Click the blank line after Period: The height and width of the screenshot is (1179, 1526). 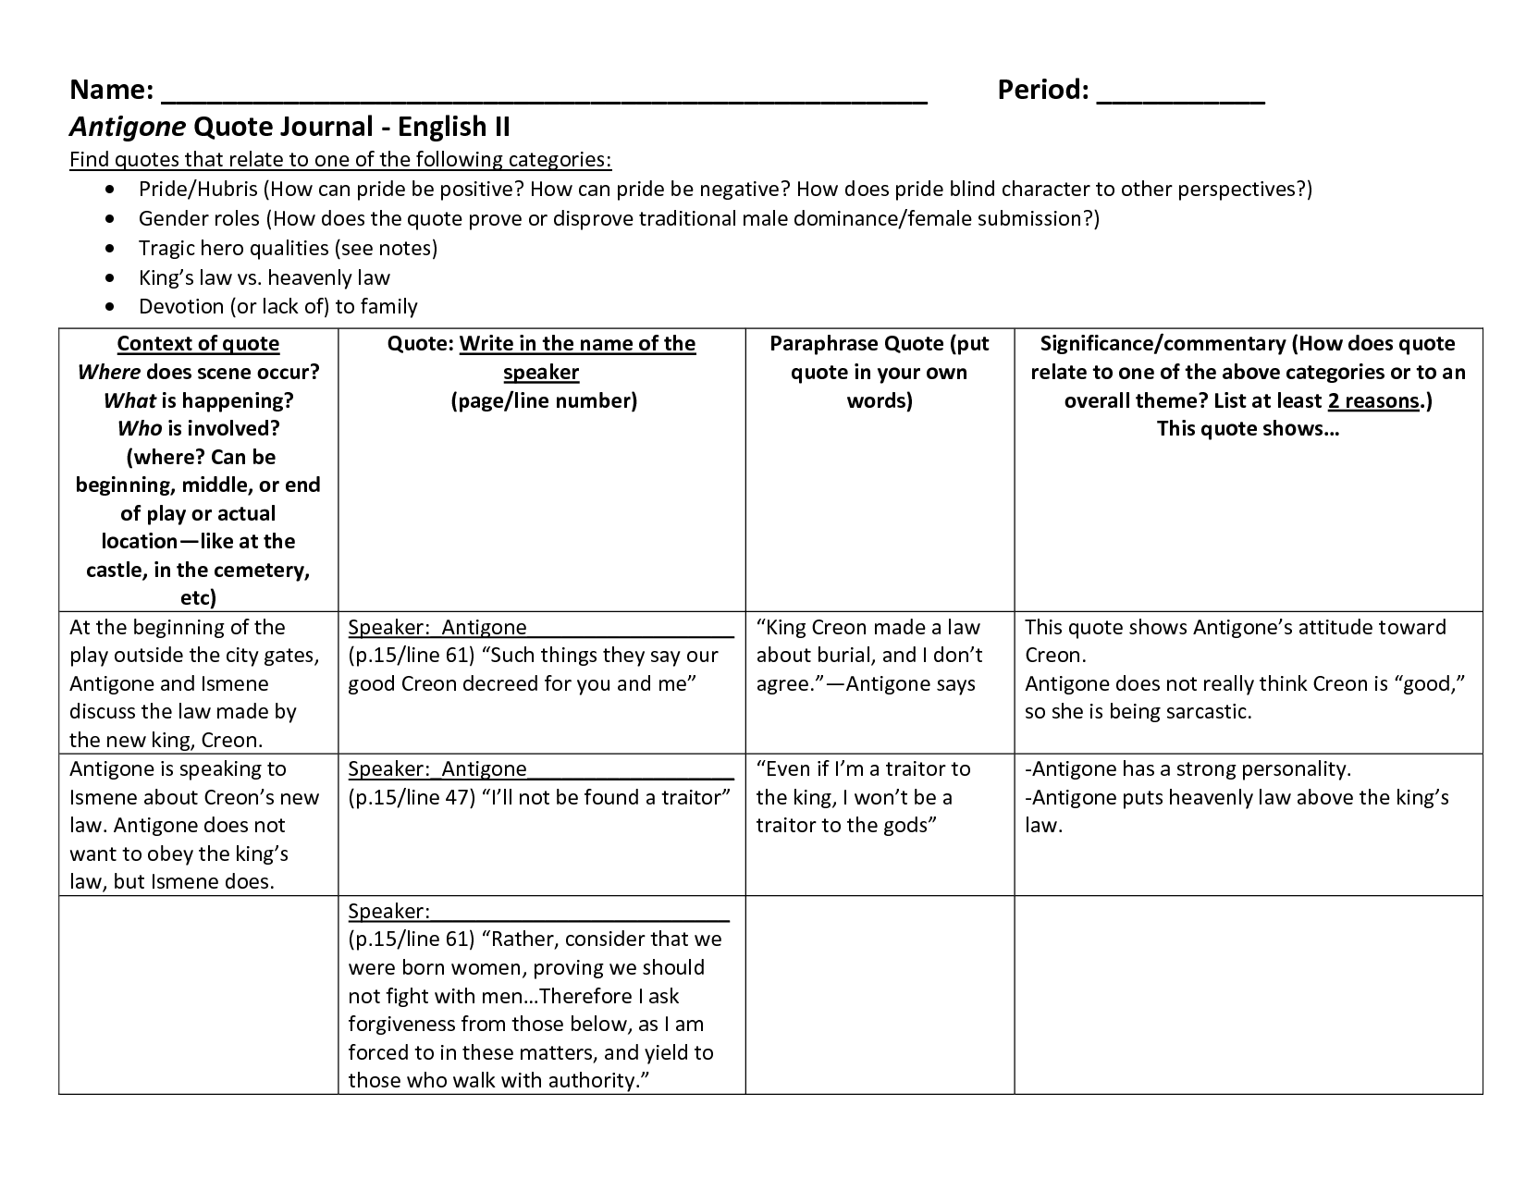pos(1180,96)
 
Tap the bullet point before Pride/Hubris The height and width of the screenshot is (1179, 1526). pos(112,190)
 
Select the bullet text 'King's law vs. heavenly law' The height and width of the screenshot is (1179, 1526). pos(265,277)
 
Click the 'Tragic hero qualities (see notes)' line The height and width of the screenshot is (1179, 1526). pos(288,248)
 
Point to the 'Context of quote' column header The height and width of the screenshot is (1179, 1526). pos(198,344)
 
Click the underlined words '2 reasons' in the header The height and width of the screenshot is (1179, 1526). pos(1372,400)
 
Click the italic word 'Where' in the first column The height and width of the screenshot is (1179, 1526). pos(109,372)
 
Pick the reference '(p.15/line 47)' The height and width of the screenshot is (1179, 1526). pos(412,797)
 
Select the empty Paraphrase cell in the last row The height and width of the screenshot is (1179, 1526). pos(880,994)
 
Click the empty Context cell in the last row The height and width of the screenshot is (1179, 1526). pos(198,994)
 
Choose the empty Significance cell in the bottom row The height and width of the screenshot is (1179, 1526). pos(1248,994)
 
